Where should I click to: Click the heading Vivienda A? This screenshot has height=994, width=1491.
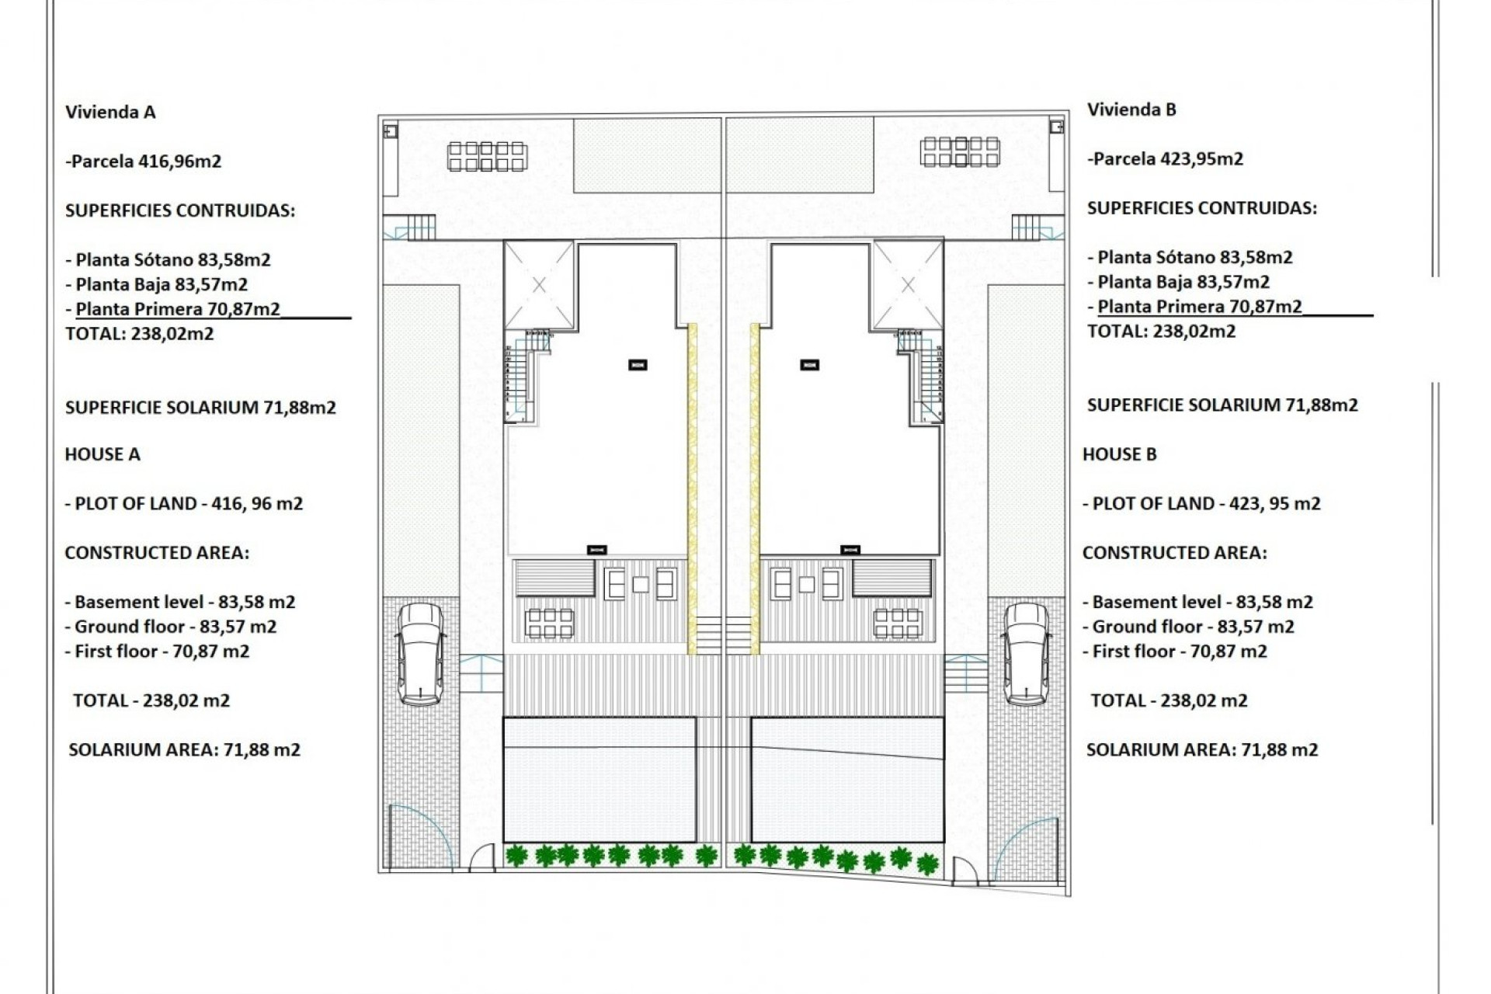tap(110, 112)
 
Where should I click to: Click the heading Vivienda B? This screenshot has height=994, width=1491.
tap(1131, 109)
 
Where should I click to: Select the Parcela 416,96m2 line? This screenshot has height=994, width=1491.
tap(144, 162)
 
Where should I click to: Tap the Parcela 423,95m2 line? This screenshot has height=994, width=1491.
tap(1166, 159)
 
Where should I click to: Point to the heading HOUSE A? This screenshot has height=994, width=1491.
tap(103, 454)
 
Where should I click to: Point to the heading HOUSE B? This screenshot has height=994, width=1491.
tap(1119, 454)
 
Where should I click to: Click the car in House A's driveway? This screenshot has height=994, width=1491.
tap(421, 654)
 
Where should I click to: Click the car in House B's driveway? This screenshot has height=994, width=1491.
tap(1026, 654)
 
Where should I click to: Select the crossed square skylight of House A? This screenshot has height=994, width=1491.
tap(539, 285)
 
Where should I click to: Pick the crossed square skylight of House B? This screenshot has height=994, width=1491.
tap(908, 285)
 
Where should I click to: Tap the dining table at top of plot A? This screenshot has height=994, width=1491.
tap(487, 156)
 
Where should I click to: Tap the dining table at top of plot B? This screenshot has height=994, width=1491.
tap(960, 151)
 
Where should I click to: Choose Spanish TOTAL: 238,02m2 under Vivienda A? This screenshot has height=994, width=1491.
tap(140, 334)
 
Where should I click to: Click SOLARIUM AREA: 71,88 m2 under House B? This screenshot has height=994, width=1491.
tap(1201, 750)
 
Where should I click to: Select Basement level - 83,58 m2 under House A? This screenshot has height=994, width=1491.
tap(180, 602)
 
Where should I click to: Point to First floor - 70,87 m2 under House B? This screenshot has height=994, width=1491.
tap(1175, 652)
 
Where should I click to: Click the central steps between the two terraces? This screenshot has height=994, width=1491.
tap(723, 634)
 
